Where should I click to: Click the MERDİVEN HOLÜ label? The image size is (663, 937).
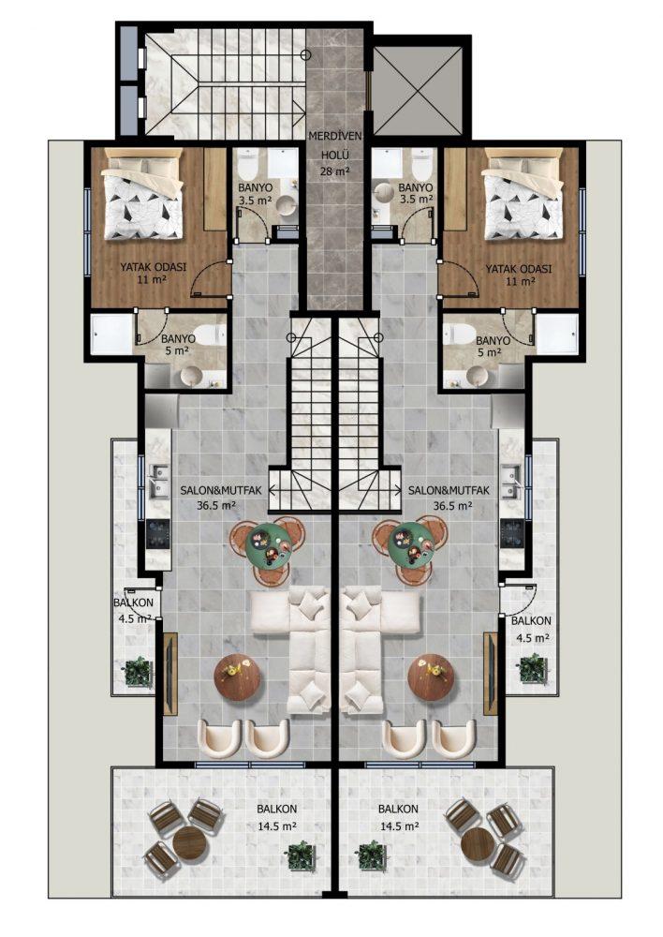(335, 145)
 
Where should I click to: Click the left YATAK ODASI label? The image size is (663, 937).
(153, 267)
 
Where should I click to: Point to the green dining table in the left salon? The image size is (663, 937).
(268, 544)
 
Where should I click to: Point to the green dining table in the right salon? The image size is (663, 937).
(410, 544)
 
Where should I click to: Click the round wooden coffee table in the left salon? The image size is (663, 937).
(237, 677)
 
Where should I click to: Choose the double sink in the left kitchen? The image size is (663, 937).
(159, 482)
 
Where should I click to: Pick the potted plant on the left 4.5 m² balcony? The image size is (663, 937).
(138, 671)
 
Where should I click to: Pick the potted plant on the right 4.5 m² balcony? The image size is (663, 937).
(532, 668)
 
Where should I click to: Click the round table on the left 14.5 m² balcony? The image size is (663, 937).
(189, 843)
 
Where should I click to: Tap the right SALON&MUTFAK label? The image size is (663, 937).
(449, 491)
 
